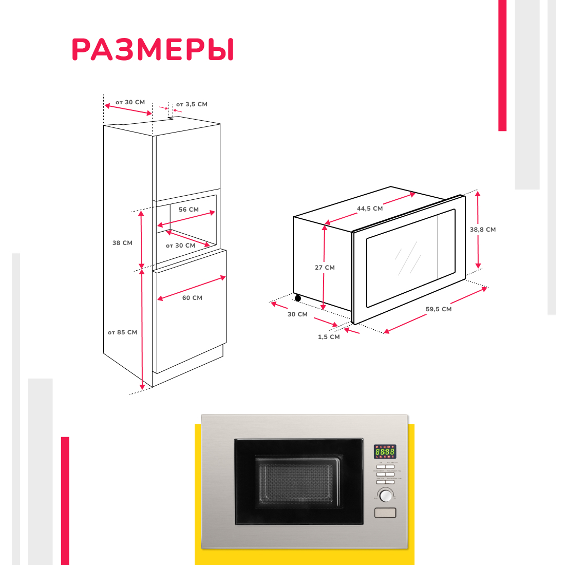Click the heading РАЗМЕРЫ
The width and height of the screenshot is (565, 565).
153,50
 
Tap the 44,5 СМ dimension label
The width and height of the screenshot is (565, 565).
370,209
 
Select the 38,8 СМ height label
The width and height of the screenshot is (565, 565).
483,230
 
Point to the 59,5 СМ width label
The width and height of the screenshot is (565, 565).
439,309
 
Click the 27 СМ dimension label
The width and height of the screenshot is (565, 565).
325,268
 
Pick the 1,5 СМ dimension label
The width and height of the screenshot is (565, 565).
329,337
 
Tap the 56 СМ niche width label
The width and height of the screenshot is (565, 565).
189,210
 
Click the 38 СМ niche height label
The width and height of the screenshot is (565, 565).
122,243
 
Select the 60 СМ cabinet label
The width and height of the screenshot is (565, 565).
192,298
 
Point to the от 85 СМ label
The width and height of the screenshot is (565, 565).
122,332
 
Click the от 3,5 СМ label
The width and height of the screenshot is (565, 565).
192,104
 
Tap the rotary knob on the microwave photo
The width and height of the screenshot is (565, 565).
385,495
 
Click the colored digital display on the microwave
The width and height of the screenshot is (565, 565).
385,451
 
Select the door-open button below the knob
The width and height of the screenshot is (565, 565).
385,513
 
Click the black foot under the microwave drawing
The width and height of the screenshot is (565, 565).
298,298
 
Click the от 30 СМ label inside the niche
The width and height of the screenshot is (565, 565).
180,246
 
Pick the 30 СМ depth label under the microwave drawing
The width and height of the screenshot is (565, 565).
297,314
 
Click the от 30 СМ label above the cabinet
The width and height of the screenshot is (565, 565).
130,102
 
